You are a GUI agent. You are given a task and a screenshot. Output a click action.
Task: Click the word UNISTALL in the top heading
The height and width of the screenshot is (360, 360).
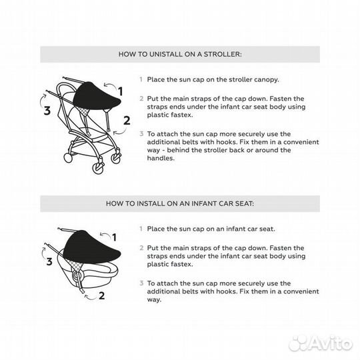click(x=165, y=55)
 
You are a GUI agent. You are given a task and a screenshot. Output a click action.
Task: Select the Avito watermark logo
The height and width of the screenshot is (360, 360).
click(x=321, y=343)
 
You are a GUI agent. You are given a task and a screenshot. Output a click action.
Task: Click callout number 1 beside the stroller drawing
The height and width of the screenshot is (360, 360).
click(x=120, y=91)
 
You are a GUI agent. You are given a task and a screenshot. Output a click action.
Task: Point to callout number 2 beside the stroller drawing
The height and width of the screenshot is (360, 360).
click(x=127, y=121)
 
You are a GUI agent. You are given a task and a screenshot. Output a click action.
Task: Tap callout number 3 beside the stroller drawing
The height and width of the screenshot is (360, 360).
click(x=47, y=111)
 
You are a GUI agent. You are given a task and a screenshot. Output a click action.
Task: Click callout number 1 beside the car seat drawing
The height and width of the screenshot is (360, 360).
click(x=114, y=237)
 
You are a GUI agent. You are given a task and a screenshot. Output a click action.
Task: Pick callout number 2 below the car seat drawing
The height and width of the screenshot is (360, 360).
click(x=102, y=295)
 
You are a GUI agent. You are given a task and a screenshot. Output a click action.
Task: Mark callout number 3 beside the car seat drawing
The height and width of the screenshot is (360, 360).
click(x=49, y=261)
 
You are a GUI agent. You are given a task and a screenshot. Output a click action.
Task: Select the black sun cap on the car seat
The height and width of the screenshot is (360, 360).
click(x=91, y=247)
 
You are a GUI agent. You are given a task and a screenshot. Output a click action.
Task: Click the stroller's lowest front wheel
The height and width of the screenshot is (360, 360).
click(x=98, y=167)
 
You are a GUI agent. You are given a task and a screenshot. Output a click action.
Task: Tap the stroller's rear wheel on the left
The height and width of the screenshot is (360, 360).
click(x=68, y=158)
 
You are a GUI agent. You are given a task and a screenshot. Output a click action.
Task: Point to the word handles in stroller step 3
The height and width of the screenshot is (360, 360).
click(x=161, y=158)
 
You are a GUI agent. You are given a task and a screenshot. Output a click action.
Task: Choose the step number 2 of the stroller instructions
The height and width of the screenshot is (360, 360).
click(x=141, y=99)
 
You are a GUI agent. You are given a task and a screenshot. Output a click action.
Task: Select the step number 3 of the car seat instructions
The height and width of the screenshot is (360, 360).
click(x=141, y=283)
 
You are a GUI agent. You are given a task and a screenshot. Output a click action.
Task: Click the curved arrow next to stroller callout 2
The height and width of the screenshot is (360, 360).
click(x=119, y=132)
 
